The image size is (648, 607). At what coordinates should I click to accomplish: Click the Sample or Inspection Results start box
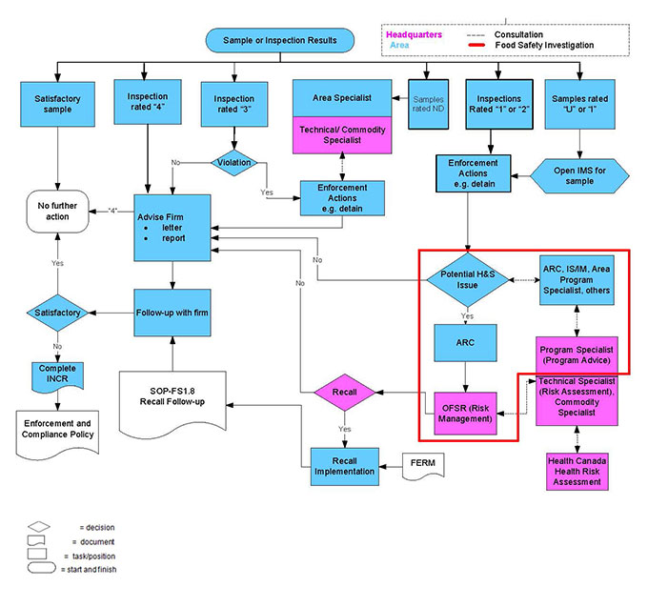(279, 40)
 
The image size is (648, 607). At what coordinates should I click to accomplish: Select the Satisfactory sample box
(57, 103)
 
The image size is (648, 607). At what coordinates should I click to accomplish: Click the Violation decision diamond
(234, 162)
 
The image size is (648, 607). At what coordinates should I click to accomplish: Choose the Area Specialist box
(341, 98)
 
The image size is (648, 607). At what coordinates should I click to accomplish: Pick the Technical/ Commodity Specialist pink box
(341, 133)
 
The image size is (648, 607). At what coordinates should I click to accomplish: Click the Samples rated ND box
(426, 103)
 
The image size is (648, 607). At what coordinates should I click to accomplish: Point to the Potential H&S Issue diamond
(466, 279)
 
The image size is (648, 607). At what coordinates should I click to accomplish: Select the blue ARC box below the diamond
(466, 345)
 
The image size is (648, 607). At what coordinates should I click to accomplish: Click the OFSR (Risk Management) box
(466, 412)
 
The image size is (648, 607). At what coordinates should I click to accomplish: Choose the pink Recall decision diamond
(343, 391)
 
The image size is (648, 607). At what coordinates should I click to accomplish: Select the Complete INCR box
(57, 375)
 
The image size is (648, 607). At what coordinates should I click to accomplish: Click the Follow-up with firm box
(172, 313)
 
